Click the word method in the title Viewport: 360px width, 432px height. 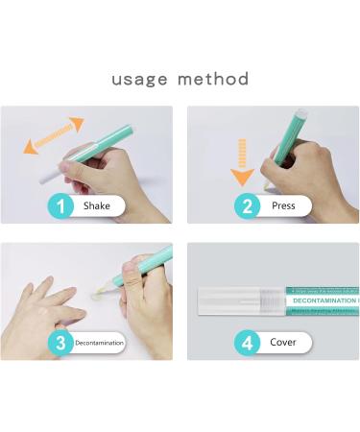(213, 79)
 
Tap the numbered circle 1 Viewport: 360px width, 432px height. (60, 204)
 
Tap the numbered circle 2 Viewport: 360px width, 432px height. (246, 204)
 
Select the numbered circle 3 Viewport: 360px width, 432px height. (60, 341)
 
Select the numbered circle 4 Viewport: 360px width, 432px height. (246, 341)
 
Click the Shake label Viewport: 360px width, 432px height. (96, 204)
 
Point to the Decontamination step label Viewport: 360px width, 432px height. (99, 341)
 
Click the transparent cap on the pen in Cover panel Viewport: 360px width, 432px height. (240, 301)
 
